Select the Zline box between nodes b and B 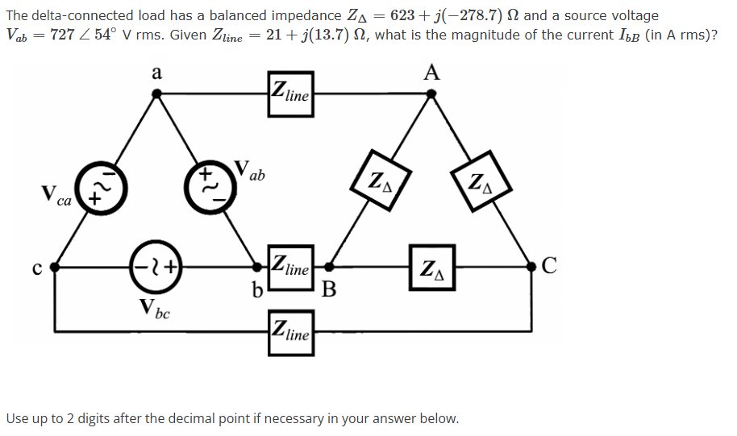(x=289, y=265)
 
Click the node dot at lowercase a (x=158, y=93)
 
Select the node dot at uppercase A (x=431, y=93)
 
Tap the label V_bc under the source (x=154, y=308)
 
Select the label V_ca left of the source (x=56, y=197)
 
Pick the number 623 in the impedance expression (x=404, y=15)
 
